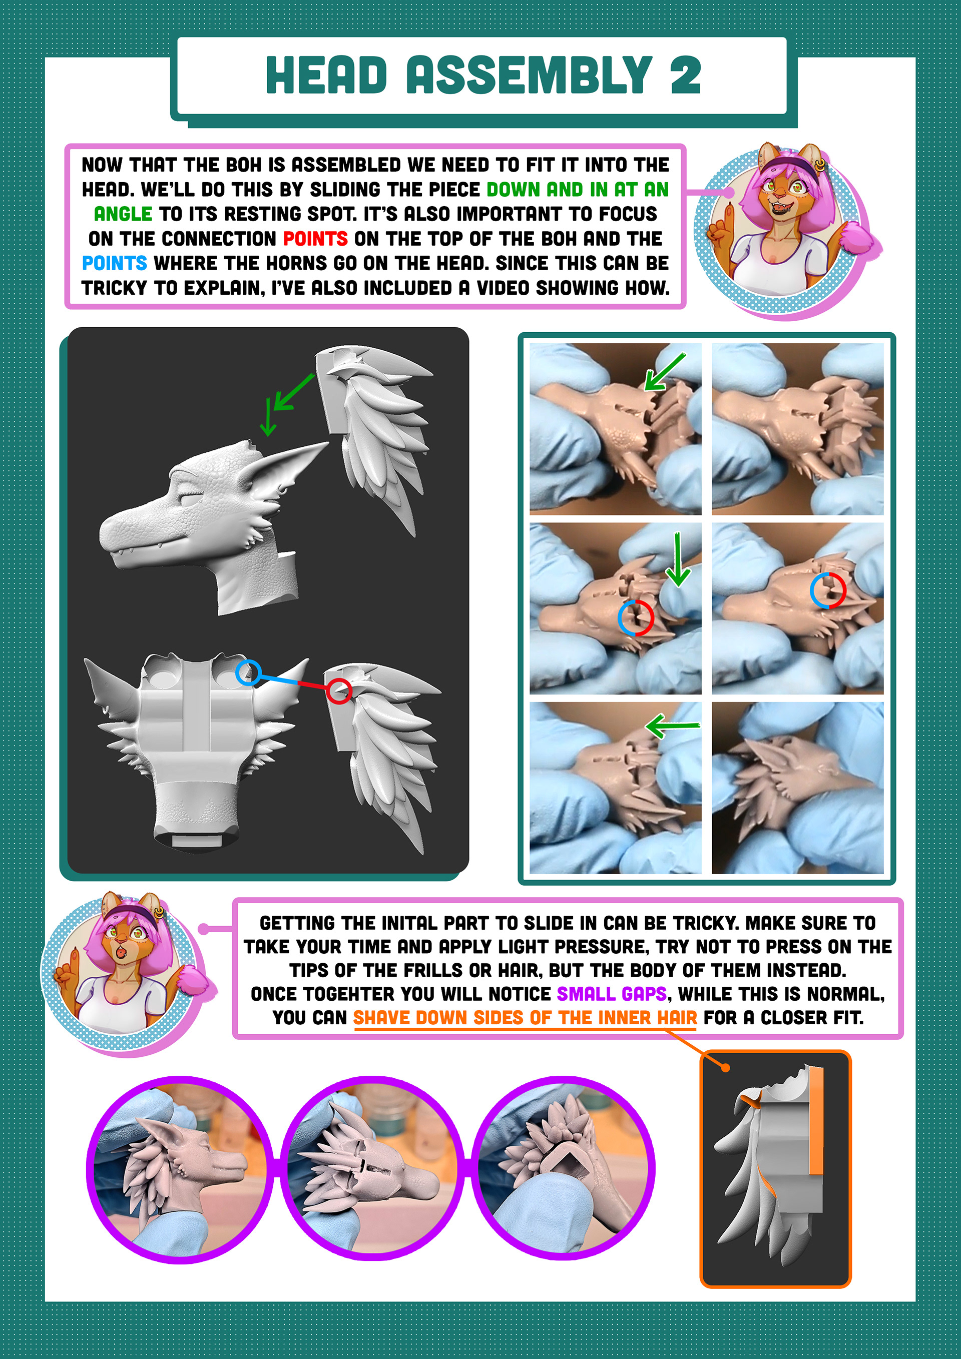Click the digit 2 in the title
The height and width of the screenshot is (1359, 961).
685,75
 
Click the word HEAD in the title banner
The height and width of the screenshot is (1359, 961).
326,75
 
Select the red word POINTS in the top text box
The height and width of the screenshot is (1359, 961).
315,239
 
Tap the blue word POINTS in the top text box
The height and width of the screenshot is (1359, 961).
114,263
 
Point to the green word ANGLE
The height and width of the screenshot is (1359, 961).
123,214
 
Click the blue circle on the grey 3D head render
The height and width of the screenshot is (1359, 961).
248,673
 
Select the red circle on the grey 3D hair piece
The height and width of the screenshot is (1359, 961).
339,691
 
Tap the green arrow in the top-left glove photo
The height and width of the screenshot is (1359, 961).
663,372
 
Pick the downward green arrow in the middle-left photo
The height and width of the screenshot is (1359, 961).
677,559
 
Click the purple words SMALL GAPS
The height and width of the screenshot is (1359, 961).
612,993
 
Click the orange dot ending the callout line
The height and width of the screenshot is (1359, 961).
725,1067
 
